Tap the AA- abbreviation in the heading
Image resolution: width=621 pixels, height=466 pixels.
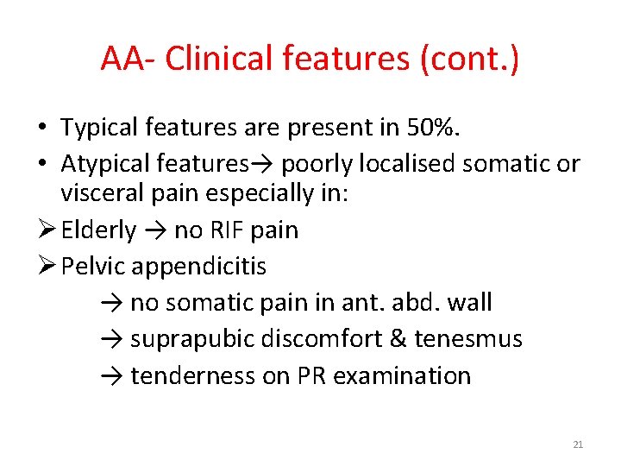click(x=129, y=59)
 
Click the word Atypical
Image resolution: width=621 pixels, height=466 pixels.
click(x=104, y=163)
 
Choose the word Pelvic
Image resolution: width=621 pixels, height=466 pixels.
click(x=94, y=267)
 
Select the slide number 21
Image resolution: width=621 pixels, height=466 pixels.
click(x=578, y=444)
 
